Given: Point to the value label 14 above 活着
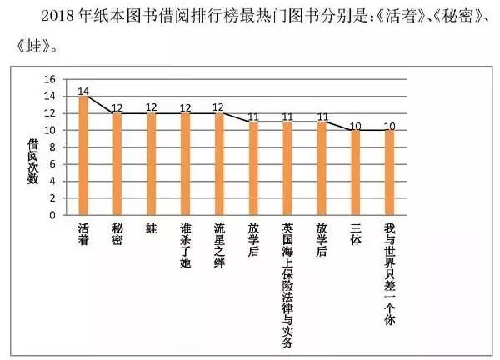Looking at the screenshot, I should point(83,90).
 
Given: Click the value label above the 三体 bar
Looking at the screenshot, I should point(355,124).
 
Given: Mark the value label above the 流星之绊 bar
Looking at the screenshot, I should point(219,107).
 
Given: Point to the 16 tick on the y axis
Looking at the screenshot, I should point(49,80).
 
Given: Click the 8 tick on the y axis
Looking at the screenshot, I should point(52,147).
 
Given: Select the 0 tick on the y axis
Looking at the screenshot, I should point(52,215).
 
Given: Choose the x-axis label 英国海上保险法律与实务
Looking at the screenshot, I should point(287,283).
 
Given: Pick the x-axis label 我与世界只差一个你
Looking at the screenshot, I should point(389,275).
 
